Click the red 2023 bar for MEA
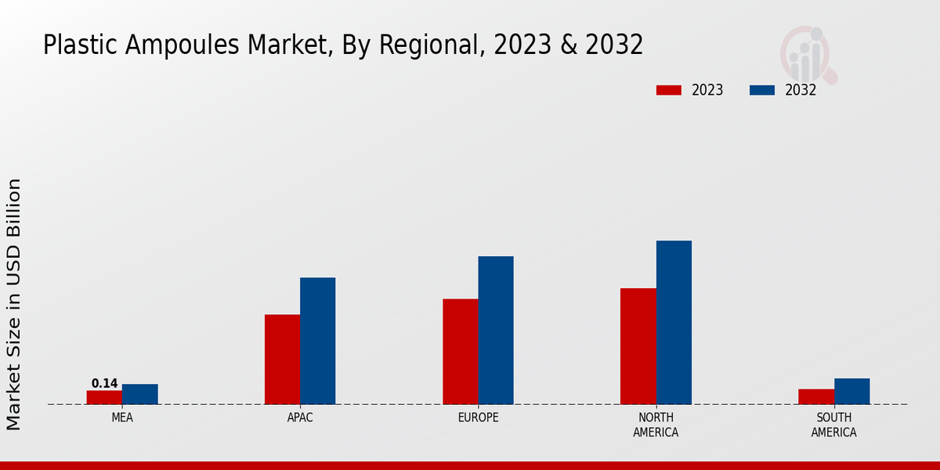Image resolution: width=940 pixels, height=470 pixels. (x=104, y=397)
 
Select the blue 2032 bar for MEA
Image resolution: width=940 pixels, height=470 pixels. (x=140, y=394)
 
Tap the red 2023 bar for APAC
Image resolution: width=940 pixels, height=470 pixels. (x=282, y=360)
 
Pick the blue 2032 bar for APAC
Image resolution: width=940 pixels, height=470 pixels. (x=317, y=341)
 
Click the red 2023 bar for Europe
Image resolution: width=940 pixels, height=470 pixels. (x=460, y=352)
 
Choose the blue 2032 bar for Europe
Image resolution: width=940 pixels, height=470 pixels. (x=496, y=330)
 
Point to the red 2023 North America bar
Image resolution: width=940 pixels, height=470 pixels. (x=638, y=346)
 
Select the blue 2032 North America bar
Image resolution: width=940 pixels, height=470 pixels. (x=674, y=322)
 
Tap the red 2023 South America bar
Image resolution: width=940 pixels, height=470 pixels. (x=815, y=396)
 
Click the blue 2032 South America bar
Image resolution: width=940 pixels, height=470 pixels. (x=851, y=391)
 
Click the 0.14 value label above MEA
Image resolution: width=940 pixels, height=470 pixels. (x=104, y=384)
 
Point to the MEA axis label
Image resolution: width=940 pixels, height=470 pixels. (x=122, y=418)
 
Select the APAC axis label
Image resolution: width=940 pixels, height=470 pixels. (x=300, y=418)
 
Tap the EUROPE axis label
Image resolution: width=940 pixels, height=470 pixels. (x=478, y=418)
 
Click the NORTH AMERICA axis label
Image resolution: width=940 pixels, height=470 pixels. (x=656, y=425)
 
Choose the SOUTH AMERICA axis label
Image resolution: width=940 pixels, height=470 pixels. (x=833, y=425)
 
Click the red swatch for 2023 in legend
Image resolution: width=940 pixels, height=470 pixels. (x=668, y=90)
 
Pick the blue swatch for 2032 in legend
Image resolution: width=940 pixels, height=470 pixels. (x=761, y=90)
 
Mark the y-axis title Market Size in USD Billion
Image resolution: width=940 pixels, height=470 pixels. (x=14, y=304)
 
